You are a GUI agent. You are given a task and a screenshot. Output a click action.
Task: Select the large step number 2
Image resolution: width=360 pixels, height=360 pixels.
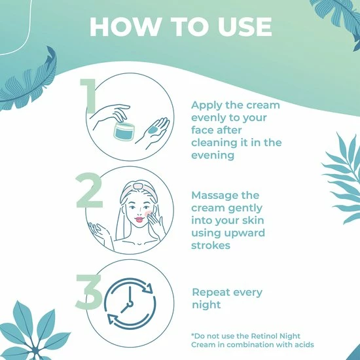[89, 190]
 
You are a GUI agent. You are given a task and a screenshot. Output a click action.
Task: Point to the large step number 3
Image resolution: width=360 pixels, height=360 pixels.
[88, 291]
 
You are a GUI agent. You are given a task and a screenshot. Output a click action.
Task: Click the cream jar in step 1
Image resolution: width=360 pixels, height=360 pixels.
[124, 132]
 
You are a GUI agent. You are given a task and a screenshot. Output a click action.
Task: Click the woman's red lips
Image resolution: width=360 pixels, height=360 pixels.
[139, 219]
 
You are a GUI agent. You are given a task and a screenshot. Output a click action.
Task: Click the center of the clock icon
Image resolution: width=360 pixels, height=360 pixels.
[130, 304]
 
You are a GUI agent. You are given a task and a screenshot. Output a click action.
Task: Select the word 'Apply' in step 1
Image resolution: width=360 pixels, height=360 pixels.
[207, 105]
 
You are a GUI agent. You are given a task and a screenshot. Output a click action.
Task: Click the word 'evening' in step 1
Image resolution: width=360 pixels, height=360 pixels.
[213, 155]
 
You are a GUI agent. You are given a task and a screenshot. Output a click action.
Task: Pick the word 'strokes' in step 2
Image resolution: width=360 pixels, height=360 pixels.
[211, 245]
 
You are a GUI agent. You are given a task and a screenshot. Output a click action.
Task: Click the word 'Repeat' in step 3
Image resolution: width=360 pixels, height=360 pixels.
[211, 293]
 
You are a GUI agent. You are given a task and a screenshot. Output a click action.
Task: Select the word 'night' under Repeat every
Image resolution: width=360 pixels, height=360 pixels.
[206, 305]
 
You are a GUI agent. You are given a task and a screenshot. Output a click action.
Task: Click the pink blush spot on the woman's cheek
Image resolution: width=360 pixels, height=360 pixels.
[148, 214]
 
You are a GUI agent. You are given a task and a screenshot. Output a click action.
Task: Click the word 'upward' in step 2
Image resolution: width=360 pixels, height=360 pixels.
[245, 233]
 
